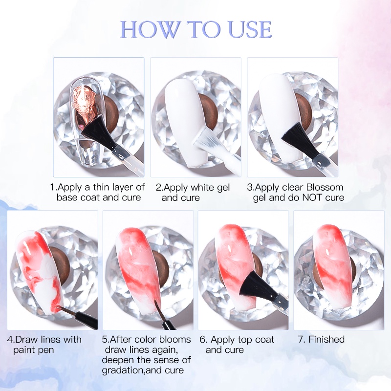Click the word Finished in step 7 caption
click(x=326, y=339)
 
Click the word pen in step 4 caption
click(x=46, y=350)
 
